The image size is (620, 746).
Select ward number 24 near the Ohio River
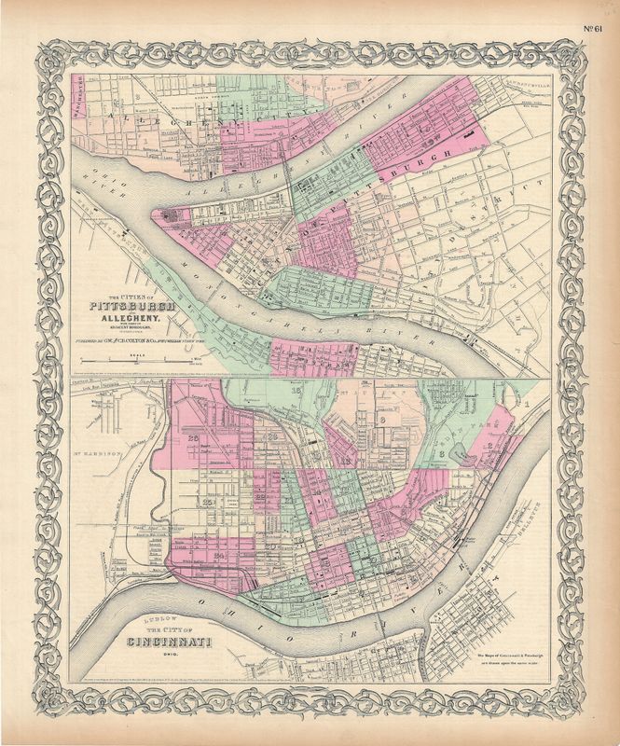click(x=221, y=556)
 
